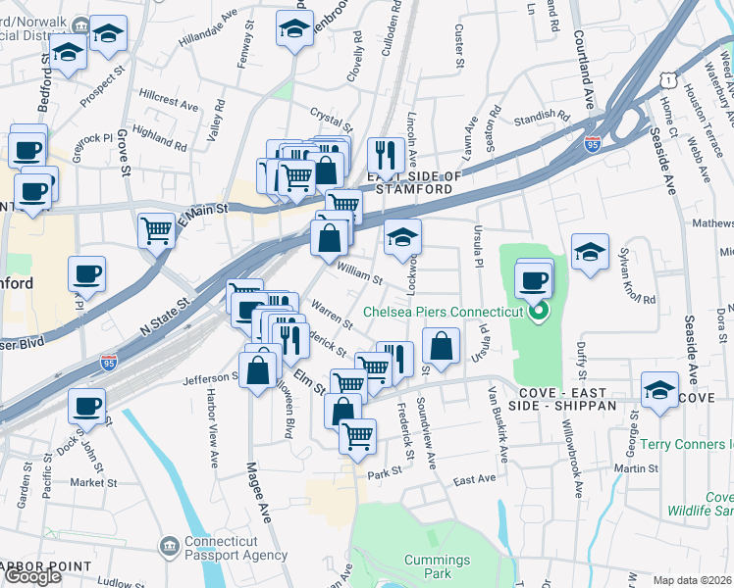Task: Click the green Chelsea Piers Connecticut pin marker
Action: pyautogui.click(x=538, y=314)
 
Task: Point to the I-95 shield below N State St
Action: pyautogui.click(x=109, y=365)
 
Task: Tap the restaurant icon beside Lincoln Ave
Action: pyautogui.click(x=386, y=154)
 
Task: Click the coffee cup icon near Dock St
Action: pyautogui.click(x=86, y=404)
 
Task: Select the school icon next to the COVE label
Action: pyautogui.click(x=659, y=389)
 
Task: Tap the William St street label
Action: pyautogui.click(x=360, y=272)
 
